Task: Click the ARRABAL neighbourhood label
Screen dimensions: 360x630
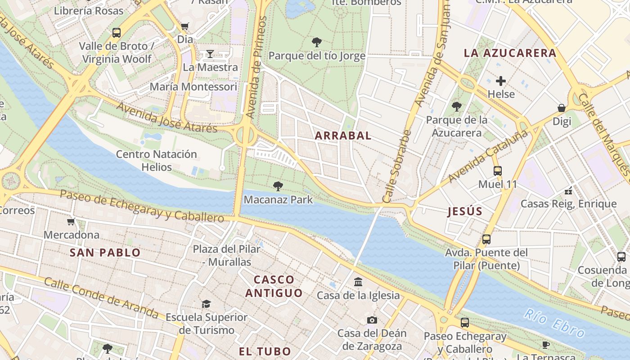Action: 343,135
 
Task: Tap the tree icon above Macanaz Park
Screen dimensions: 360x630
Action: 278,186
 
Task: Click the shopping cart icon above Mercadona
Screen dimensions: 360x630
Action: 71,221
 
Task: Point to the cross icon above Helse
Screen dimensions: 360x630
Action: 501,81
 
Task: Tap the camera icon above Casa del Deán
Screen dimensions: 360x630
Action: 372,320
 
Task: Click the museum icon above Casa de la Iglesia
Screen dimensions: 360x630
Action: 358,282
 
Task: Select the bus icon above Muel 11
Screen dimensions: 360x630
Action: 497,171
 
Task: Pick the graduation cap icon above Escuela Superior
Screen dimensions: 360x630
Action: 206,304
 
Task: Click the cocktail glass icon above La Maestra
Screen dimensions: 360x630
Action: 210,54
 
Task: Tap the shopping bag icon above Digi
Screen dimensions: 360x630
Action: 562,108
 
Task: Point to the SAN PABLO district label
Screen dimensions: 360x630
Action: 105,253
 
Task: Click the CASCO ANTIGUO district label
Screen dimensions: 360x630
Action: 274,286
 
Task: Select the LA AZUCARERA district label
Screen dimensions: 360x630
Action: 510,53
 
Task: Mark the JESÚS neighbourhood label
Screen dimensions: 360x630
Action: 465,211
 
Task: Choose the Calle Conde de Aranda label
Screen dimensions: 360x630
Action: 101,298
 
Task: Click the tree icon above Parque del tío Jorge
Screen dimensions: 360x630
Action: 317,43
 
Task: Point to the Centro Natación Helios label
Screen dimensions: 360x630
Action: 157,161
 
